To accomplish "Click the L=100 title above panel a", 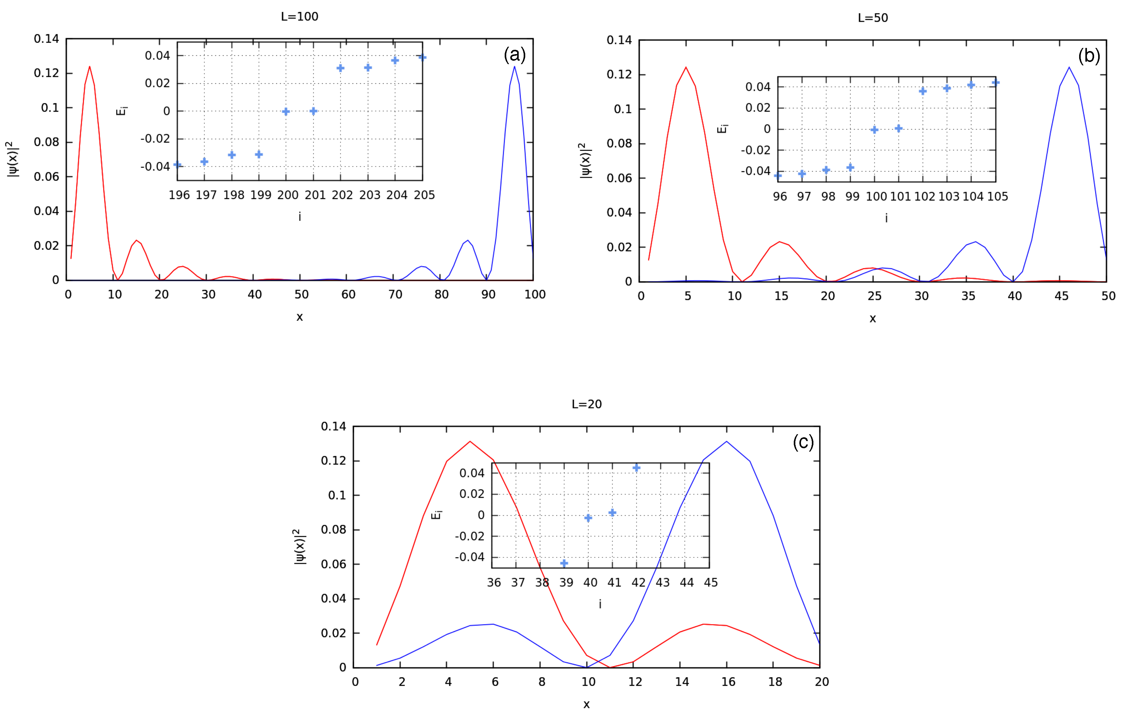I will pyautogui.click(x=299, y=17).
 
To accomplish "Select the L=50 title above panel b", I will pyautogui.click(x=872, y=18).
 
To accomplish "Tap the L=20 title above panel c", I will pyautogui.click(x=586, y=404).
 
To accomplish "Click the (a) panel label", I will pyautogui.click(x=514, y=55).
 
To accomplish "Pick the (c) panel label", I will pyautogui.click(x=803, y=442).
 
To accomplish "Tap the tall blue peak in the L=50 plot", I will pyautogui.click(x=1069, y=68).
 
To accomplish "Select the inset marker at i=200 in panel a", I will pyautogui.click(x=286, y=111).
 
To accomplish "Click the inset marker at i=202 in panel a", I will pyautogui.click(x=341, y=68).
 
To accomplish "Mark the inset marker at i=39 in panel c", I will pyautogui.click(x=564, y=563).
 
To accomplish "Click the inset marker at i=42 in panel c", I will pyautogui.click(x=636, y=468).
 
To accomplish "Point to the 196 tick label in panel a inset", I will pyautogui.click(x=179, y=195).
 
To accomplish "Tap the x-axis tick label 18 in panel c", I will pyautogui.click(x=775, y=682).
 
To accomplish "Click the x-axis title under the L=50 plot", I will pyautogui.click(x=872, y=319).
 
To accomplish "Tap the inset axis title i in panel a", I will pyautogui.click(x=299, y=217).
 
